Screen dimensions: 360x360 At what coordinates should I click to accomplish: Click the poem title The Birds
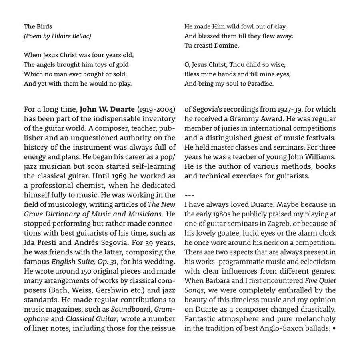click(38, 26)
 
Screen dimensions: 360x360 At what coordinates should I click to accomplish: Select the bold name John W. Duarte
click(107, 109)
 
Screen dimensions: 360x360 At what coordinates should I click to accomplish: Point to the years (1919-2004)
click(156, 109)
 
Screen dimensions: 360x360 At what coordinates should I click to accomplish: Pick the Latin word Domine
click(227, 46)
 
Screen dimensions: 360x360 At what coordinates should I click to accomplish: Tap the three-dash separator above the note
click(189, 195)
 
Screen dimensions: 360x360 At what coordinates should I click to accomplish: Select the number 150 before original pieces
click(86, 272)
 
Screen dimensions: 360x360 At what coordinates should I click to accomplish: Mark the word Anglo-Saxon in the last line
click(285, 328)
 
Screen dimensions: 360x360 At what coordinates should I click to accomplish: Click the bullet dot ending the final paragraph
click(334, 329)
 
